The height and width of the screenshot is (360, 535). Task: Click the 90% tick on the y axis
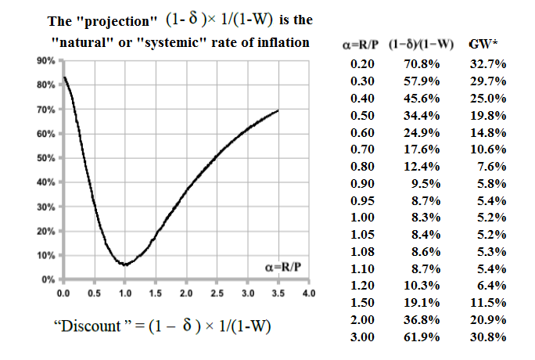pos(45,60)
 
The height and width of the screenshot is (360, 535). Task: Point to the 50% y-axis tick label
pos(45,158)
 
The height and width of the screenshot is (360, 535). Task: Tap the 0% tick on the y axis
pos(47,279)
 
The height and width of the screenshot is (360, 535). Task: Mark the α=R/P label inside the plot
pos(282,267)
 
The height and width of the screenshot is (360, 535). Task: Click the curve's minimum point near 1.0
pos(124,265)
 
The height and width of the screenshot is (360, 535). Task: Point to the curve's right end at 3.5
pos(278,111)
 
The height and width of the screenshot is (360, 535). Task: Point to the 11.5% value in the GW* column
pos(490,302)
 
